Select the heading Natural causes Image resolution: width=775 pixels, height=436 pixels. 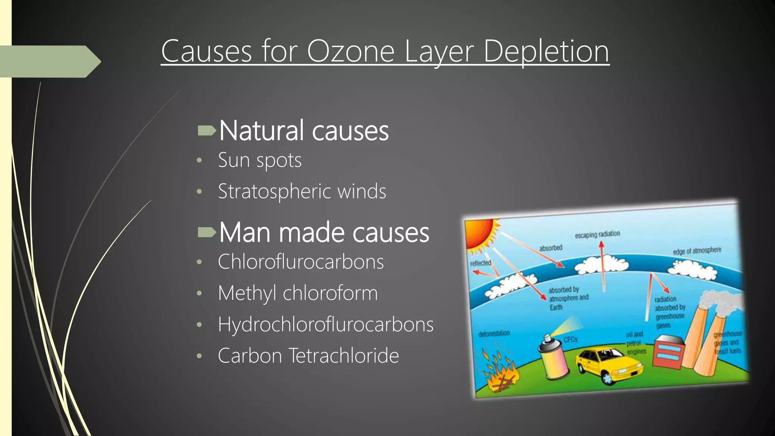pyautogui.click(x=303, y=131)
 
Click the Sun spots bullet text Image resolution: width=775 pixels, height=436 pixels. pyautogui.click(x=260, y=160)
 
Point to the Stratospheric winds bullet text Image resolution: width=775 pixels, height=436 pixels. pyautogui.click(x=302, y=191)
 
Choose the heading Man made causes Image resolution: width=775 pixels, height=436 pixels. pyautogui.click(x=324, y=232)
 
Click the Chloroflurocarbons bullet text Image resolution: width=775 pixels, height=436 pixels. pyautogui.click(x=300, y=262)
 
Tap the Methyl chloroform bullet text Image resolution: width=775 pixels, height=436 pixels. pyautogui.click(x=298, y=293)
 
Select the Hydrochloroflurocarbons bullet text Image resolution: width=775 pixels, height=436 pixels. pyautogui.click(x=325, y=324)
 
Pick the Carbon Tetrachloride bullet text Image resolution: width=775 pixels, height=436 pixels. pyautogui.click(x=308, y=356)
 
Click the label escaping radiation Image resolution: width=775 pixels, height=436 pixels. pyautogui.click(x=598, y=234)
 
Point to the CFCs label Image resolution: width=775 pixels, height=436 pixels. pyautogui.click(x=570, y=339)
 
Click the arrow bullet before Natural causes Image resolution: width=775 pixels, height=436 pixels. pyautogui.click(x=207, y=131)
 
